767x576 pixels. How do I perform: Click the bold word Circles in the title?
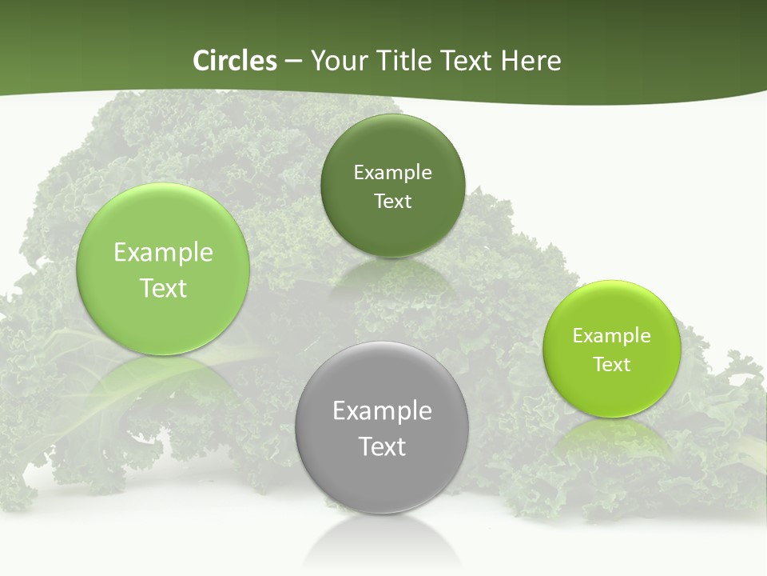tap(234, 61)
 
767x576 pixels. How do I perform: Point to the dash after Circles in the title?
tap(293, 62)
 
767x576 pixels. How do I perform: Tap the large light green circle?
tap(163, 320)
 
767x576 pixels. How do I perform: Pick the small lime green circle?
tap(612, 392)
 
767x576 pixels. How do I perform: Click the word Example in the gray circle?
tap(382, 410)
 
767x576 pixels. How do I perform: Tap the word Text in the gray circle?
tap(382, 446)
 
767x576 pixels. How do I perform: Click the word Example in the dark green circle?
tap(392, 172)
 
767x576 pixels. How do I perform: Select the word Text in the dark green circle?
tap(392, 201)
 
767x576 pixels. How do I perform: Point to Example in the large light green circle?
tap(163, 252)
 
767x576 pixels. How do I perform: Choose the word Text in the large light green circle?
tap(163, 288)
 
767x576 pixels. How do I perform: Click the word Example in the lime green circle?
tap(612, 335)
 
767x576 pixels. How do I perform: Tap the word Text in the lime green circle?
tap(612, 364)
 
